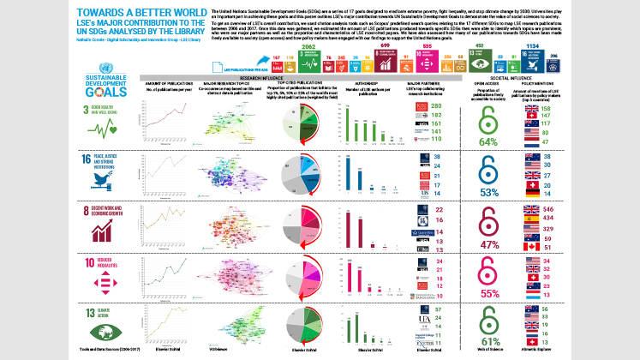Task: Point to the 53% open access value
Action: [489, 193]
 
